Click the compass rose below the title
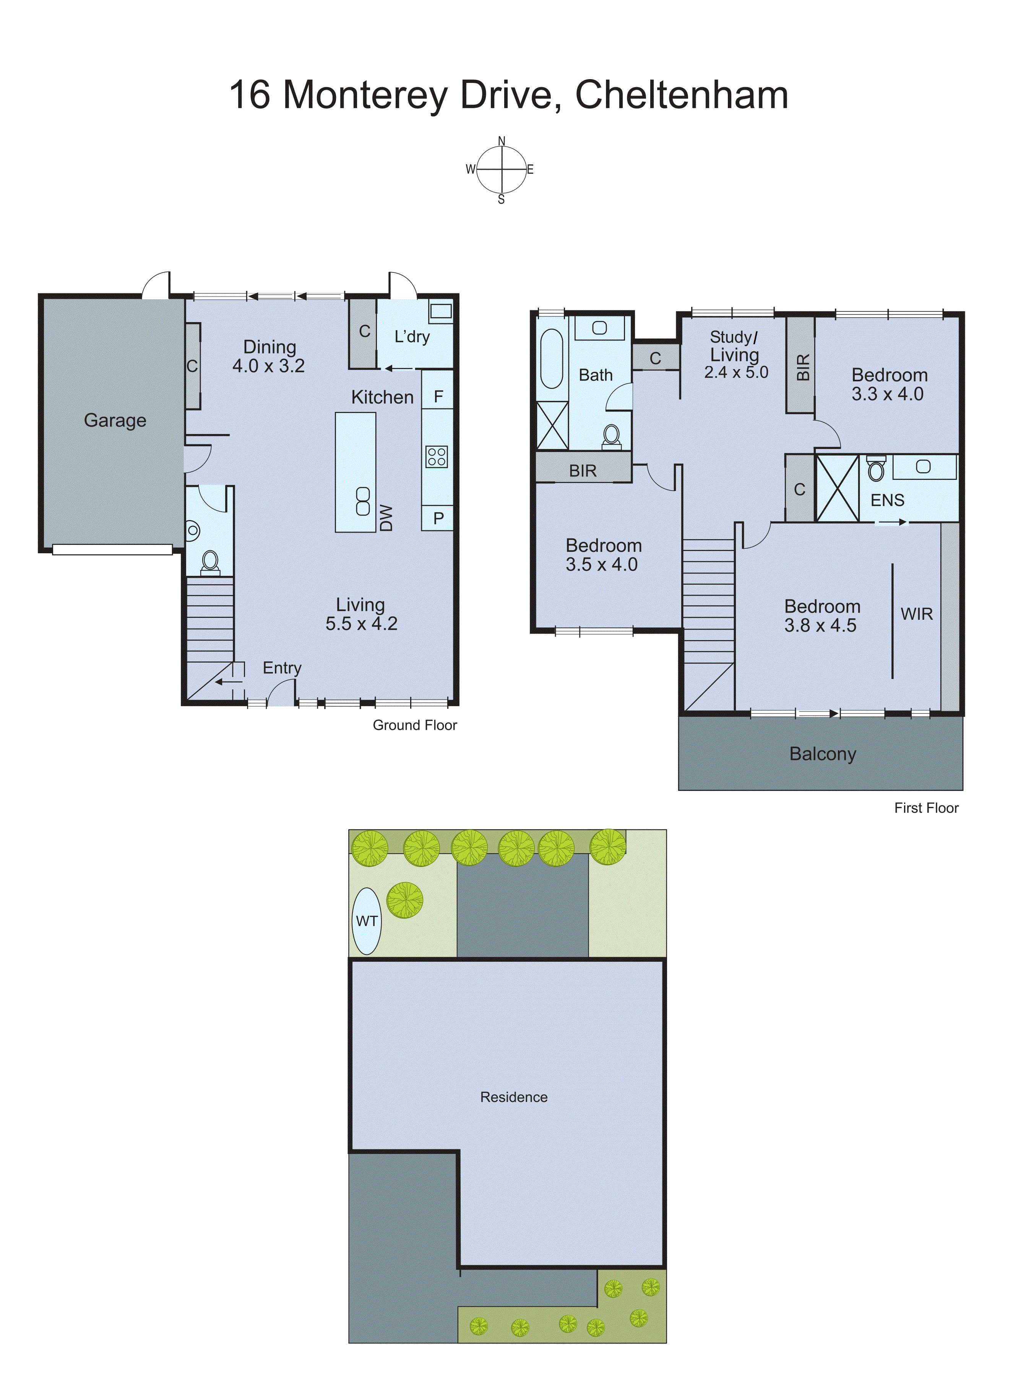tap(502, 170)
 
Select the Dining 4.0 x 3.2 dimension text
tap(269, 366)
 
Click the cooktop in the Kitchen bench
tap(437, 457)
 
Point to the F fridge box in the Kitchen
tap(438, 397)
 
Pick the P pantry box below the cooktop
tap(438, 518)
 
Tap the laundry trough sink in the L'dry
tap(440, 311)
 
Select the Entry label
tap(282, 668)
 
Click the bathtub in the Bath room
tap(551, 359)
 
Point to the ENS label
tap(887, 500)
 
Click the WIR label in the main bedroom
tap(917, 614)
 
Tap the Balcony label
tap(822, 754)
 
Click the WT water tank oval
tap(366, 921)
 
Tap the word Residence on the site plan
tap(513, 1097)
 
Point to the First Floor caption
tap(926, 808)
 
